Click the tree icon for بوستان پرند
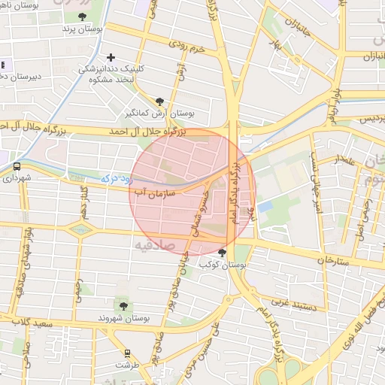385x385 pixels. click(x=81, y=17)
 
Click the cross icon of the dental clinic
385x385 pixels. click(x=111, y=57)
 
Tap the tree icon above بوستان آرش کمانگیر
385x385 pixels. click(x=159, y=102)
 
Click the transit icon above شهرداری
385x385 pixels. click(x=17, y=167)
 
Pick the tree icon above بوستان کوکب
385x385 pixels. click(x=221, y=253)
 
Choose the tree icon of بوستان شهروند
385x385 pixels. click(x=123, y=306)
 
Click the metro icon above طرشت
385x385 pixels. click(x=127, y=352)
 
